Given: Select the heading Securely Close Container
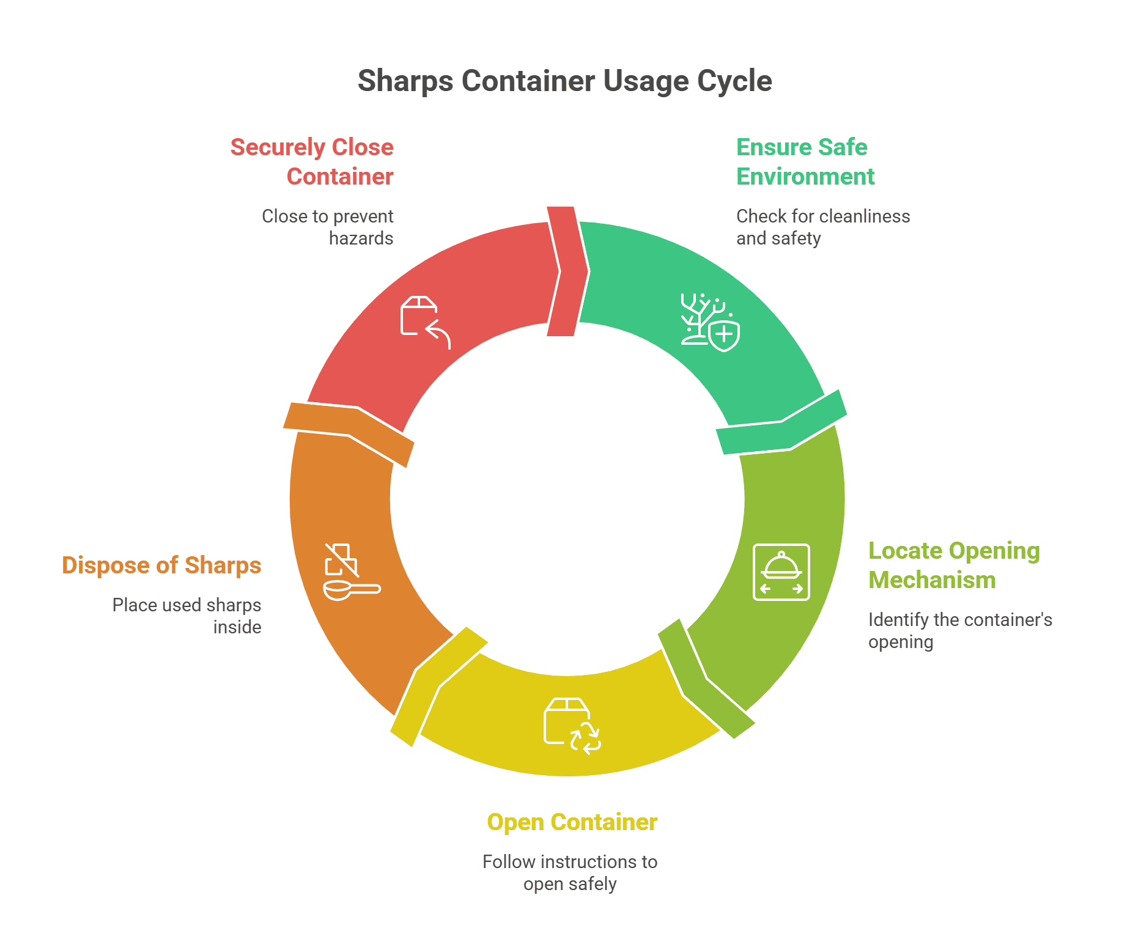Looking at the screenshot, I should point(312,162).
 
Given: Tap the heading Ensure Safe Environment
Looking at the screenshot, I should point(805,162).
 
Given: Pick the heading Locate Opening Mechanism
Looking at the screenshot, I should point(953,565).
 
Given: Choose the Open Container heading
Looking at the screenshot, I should point(572,822).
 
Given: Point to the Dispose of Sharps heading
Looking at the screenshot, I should point(161,565).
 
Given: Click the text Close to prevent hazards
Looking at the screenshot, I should point(328,227).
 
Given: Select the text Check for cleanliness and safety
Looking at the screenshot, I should point(822,227).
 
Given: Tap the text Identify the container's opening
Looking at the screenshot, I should point(959,631).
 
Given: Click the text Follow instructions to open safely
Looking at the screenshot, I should point(570,873).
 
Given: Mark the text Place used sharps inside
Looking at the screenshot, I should point(188,616).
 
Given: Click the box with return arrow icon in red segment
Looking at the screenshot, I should point(425,322).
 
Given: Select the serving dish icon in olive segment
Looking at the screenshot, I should point(781,572).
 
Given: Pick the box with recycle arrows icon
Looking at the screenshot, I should point(572,726).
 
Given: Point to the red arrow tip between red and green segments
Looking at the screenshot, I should point(568,271).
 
